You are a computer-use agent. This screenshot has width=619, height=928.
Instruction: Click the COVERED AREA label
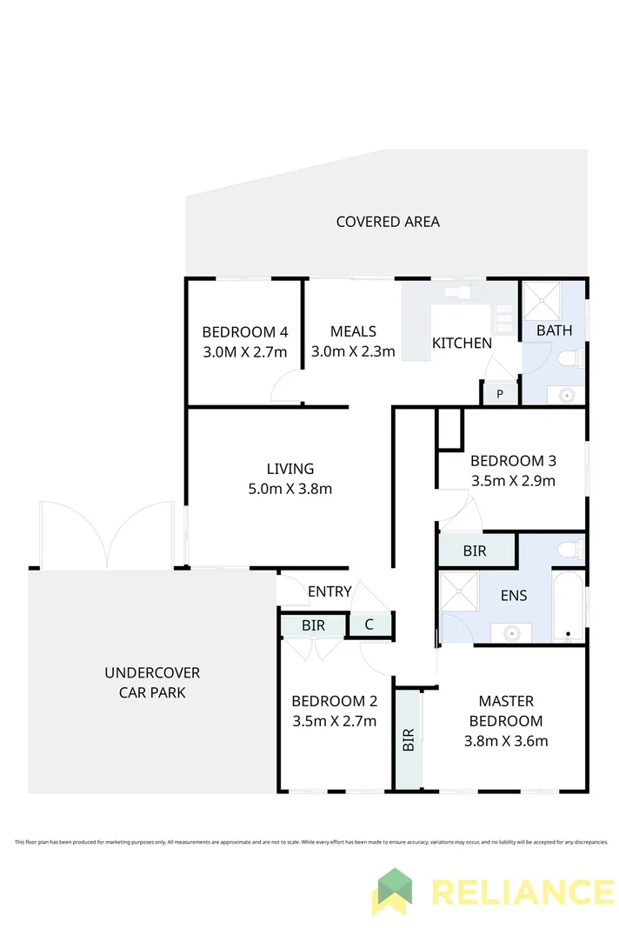pyautogui.click(x=388, y=222)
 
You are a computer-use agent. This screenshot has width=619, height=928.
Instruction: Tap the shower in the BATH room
pyautogui.click(x=542, y=300)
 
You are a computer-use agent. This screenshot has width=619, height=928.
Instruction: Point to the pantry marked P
pyautogui.click(x=499, y=394)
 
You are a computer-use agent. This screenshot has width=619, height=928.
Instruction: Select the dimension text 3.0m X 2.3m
pyautogui.click(x=353, y=351)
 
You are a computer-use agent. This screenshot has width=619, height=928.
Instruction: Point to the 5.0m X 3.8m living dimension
pyautogui.click(x=290, y=489)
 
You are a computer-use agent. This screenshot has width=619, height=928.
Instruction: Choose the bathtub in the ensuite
pyautogui.click(x=569, y=605)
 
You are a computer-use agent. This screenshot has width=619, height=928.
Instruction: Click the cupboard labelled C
pyautogui.click(x=369, y=624)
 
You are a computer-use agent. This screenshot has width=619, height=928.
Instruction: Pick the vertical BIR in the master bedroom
pyautogui.click(x=408, y=738)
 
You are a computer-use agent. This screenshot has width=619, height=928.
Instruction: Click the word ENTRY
pyautogui.click(x=329, y=592)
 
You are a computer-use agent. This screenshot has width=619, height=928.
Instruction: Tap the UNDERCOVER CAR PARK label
pyautogui.click(x=152, y=683)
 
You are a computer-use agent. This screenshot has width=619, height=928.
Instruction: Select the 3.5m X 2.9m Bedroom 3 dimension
pyautogui.click(x=512, y=480)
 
